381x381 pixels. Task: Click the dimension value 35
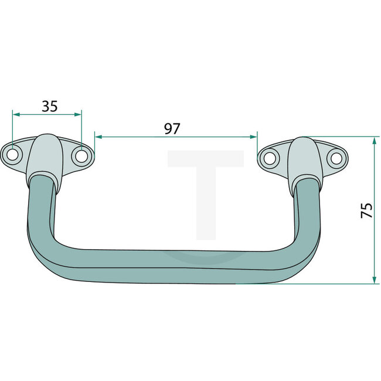tap(50, 106)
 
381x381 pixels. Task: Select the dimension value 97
tap(172, 129)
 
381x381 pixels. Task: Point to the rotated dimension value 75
tap(366, 210)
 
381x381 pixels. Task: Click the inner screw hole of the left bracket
tap(81, 157)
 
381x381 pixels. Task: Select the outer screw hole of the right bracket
tap(335, 157)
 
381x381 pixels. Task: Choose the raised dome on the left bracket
tap(46, 154)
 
